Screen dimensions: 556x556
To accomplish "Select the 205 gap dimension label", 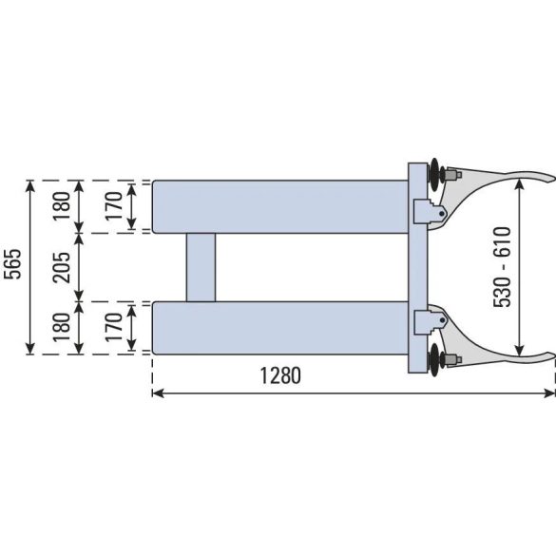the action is tap(62, 267).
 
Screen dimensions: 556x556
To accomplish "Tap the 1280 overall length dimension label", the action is tap(280, 375).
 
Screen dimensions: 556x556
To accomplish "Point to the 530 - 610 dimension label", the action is tap(502, 267).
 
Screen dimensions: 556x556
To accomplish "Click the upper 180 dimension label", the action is tap(62, 206).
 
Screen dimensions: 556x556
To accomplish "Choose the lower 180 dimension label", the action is tap(62, 327).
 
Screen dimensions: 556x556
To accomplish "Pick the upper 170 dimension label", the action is tap(114, 206).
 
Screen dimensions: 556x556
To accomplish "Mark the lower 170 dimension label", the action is tap(114, 327).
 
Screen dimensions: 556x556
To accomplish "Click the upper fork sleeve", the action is tap(280, 207).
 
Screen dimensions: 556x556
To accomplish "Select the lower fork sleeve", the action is tap(280, 328).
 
